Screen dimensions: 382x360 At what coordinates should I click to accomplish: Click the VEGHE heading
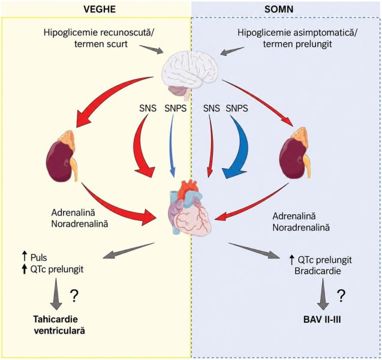coord(100,9)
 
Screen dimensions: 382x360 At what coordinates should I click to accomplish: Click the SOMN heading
coord(279,9)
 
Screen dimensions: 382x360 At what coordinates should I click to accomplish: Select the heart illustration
coord(190,207)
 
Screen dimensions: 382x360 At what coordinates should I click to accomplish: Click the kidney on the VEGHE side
coord(62,156)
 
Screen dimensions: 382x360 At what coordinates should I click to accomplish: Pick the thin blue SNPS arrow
coord(172,146)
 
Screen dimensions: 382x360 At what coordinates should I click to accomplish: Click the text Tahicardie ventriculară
coord(59,325)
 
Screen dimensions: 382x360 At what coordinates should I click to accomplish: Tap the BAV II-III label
coord(322,320)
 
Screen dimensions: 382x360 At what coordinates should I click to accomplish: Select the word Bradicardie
coord(317,271)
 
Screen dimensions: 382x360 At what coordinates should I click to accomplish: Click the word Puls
coord(39,257)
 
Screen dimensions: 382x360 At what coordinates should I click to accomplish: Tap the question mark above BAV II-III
coord(341,296)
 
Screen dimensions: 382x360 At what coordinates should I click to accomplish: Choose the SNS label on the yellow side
coord(148,108)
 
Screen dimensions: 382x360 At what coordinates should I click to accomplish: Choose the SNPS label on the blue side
coord(237,108)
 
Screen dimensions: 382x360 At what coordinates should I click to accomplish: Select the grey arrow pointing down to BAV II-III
coord(323,294)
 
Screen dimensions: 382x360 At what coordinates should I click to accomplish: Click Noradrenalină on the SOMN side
coord(301,227)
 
